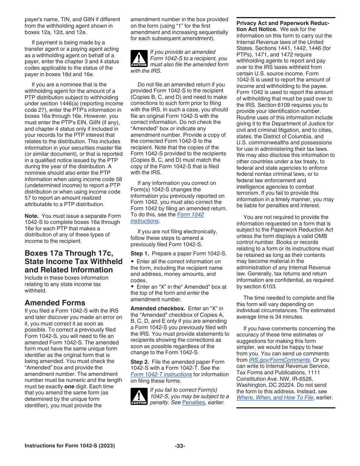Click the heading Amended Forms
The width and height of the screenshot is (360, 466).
tap(55, 303)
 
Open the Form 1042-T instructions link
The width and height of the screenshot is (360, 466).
tap(161, 374)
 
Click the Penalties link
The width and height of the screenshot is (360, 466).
tap(193, 402)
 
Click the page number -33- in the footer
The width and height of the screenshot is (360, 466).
tap(180, 446)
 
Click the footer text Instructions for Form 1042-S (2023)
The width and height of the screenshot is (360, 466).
tap(70, 446)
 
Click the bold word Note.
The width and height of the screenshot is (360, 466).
tap(31, 216)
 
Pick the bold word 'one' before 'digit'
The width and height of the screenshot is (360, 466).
tap(69, 386)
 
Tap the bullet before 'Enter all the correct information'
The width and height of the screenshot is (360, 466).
tap(132, 261)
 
